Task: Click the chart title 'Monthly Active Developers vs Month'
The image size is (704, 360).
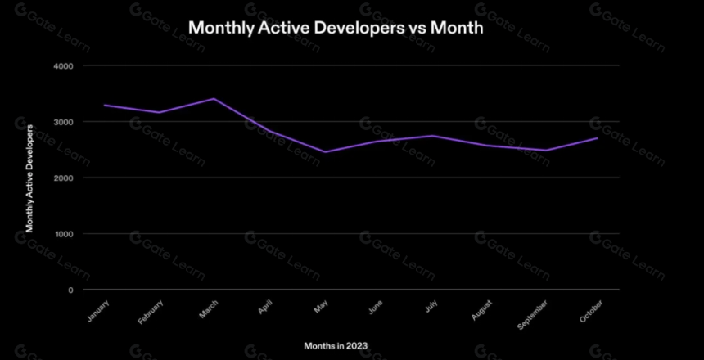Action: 336,28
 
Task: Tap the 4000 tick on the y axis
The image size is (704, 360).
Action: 65,66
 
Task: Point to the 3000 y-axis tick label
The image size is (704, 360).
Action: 65,122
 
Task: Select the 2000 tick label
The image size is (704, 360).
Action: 65,178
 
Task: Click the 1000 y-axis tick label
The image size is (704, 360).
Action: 65,234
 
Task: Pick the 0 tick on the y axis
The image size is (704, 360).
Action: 70,290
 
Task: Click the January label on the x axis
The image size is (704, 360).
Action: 98,311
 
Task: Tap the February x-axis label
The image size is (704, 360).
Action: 151,313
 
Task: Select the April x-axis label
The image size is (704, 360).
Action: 266,308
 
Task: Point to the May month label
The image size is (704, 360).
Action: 321,307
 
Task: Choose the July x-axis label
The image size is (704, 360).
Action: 431,307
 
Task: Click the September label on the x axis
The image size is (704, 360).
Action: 532,315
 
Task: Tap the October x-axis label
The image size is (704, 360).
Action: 591,312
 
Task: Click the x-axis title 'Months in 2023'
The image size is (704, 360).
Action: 336,346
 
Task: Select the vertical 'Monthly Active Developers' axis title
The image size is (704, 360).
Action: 29,178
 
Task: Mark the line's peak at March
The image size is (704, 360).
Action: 214,98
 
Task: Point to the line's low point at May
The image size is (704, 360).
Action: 325,152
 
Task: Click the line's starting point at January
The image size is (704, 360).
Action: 104,105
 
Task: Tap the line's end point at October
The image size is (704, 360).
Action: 597,137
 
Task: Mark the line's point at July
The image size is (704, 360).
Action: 432,136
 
